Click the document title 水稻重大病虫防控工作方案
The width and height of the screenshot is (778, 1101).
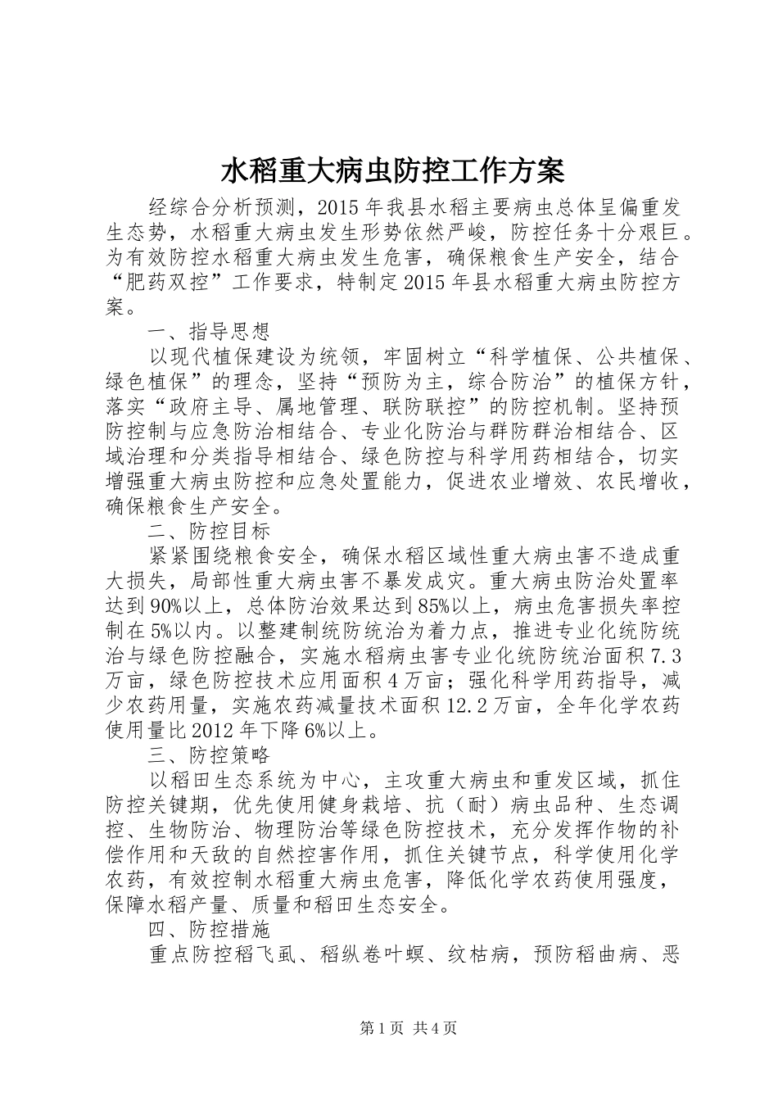[x=392, y=173]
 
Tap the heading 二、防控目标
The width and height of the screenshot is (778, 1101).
[x=210, y=532]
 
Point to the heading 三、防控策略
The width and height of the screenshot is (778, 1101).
[x=210, y=754]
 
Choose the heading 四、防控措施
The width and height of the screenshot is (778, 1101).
[x=210, y=931]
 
